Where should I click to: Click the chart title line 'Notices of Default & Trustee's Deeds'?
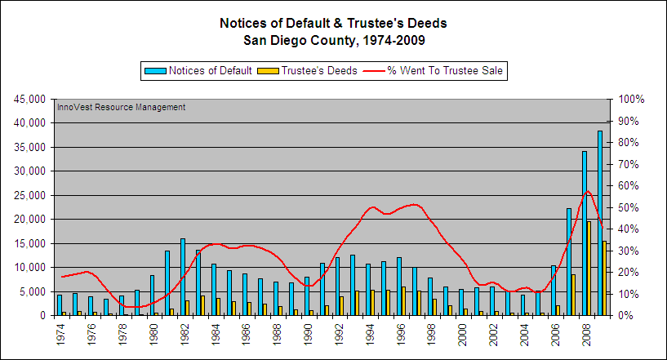[333, 23]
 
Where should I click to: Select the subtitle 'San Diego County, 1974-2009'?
[333, 39]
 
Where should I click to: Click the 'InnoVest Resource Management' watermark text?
[121, 107]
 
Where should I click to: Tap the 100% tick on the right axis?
[631, 99]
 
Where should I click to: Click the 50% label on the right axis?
[629, 207]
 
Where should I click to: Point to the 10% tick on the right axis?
[629, 294]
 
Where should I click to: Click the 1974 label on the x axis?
[60, 334]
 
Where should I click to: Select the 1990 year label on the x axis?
[308, 334]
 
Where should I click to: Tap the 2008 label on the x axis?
[585, 334]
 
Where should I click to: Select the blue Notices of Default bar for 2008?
[584, 233]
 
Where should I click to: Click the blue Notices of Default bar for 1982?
[183, 277]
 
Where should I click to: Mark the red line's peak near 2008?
[587, 191]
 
